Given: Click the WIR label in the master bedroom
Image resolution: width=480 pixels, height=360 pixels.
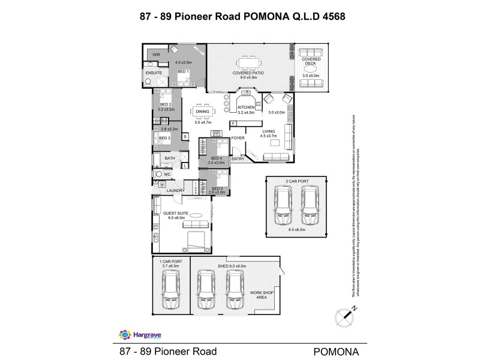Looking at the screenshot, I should (x=156, y=55).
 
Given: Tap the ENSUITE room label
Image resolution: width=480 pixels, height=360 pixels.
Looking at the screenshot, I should (x=154, y=73).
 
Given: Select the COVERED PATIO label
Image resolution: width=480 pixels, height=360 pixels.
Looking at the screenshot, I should (x=248, y=73).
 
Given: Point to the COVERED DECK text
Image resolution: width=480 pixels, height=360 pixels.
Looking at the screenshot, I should (x=311, y=61).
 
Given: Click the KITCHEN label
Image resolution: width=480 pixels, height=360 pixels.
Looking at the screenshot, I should (x=246, y=107).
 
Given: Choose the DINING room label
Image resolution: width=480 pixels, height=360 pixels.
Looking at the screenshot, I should (x=202, y=112).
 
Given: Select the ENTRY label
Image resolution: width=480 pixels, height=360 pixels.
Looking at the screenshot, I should (x=238, y=158).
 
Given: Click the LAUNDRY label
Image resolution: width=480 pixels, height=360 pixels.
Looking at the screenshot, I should (x=175, y=191).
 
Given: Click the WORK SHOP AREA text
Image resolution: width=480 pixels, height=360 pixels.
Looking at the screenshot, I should (x=262, y=293).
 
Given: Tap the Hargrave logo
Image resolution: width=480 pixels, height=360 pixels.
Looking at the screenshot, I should (x=134, y=334).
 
